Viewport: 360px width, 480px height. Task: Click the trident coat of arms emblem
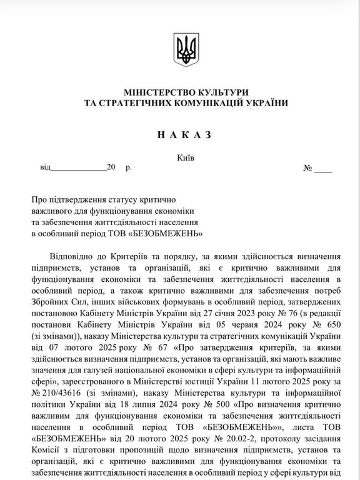pos(186,49)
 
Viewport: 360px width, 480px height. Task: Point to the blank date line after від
pos(77,168)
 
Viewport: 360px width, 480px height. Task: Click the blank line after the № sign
pos(323,168)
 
